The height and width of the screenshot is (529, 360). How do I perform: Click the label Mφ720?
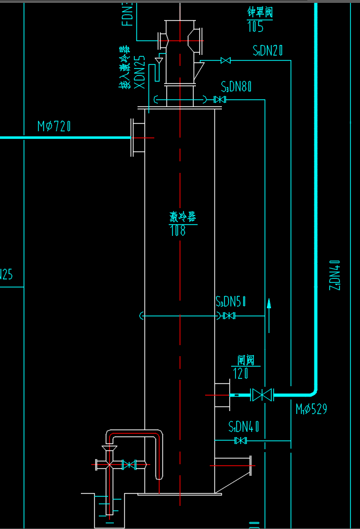56,126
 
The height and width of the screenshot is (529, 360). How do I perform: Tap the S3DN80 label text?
237,87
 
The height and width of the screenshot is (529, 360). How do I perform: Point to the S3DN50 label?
231,301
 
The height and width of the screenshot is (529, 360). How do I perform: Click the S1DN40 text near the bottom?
243,428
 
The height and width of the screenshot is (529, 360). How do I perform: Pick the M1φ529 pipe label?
311,409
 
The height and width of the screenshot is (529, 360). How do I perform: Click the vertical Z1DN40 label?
334,275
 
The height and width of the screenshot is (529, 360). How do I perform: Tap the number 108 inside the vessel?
177,231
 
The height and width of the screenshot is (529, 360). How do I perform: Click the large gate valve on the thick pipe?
263,395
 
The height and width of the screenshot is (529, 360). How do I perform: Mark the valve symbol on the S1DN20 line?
227,61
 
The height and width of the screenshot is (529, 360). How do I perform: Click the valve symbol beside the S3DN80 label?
220,100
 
